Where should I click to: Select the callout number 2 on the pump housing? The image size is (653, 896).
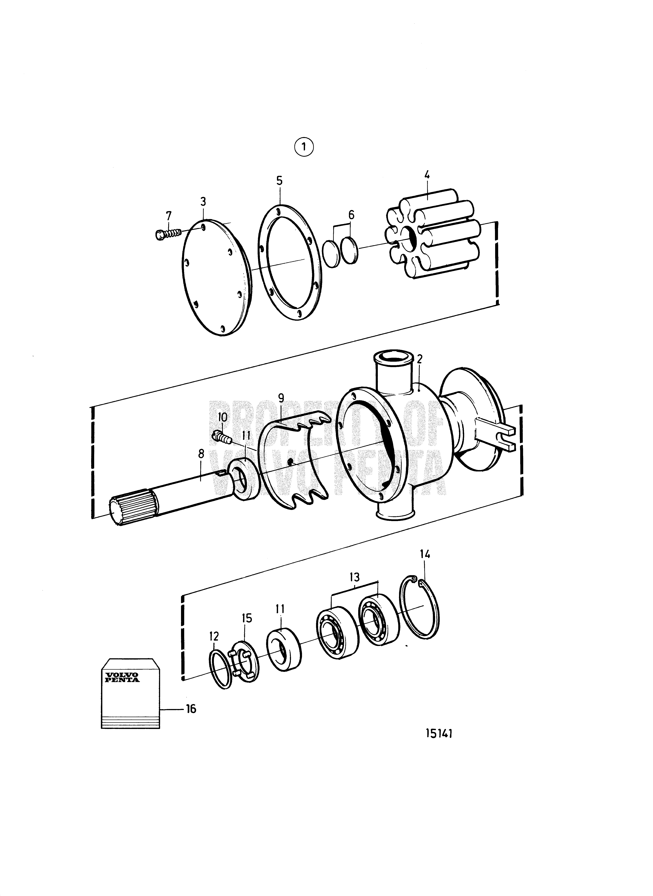tap(419, 359)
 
